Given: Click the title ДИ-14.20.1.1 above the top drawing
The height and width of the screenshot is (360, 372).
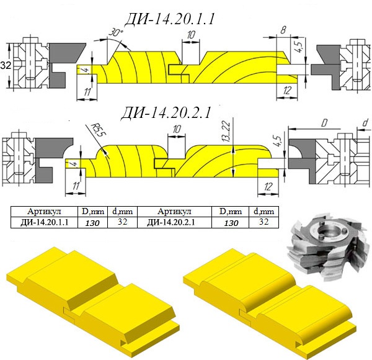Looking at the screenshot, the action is [170, 19].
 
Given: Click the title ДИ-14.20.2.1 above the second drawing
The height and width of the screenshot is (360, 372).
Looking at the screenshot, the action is [166, 112].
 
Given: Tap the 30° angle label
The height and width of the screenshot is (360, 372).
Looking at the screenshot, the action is [116, 32].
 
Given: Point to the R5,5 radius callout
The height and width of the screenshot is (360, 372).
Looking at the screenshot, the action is [99, 130].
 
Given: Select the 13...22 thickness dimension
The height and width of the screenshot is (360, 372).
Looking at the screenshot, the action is [227, 131].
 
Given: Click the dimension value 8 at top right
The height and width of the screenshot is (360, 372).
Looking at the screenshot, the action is [283, 30].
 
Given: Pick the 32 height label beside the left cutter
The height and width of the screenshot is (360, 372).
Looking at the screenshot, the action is [6, 65].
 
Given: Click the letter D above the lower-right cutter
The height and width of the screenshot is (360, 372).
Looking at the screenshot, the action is [324, 124].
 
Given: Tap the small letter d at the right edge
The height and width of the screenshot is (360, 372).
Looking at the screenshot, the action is [365, 123].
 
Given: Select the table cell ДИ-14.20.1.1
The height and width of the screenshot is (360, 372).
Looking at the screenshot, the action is [45, 222].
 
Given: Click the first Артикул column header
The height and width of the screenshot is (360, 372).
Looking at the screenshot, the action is [45, 211].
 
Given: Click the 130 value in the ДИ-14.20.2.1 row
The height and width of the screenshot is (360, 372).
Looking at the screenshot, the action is [231, 223].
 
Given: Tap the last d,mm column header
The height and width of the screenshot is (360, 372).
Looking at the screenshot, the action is [264, 212].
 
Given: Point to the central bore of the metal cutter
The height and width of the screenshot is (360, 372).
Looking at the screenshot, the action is [328, 230].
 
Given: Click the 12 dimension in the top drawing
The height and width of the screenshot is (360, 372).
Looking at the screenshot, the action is [287, 91].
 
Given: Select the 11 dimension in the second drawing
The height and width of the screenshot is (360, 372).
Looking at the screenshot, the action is [76, 186].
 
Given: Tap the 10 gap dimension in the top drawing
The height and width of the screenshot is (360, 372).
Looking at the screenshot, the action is [191, 35].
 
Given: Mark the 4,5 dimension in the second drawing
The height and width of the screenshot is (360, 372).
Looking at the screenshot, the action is [279, 142].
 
